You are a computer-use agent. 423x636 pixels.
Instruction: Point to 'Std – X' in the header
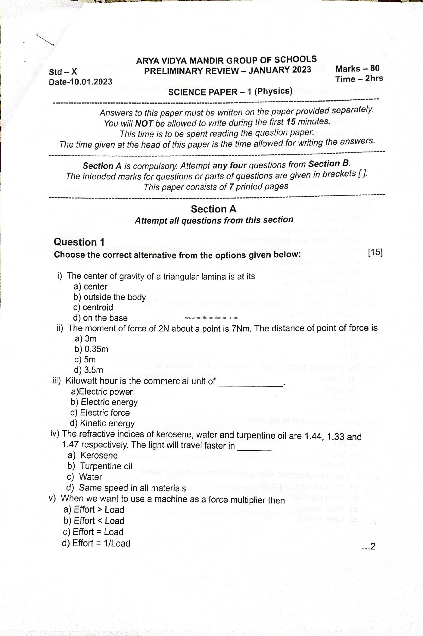63,72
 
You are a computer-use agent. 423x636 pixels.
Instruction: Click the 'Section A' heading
213,209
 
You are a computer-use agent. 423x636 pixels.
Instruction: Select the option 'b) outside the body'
110,297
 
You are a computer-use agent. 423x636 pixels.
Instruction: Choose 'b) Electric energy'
104,402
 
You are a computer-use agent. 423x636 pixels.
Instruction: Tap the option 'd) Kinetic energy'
102,423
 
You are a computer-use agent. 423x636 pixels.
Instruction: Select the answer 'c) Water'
84,477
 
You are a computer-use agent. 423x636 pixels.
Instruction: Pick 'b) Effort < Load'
94,520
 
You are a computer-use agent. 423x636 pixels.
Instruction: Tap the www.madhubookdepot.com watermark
212,318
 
